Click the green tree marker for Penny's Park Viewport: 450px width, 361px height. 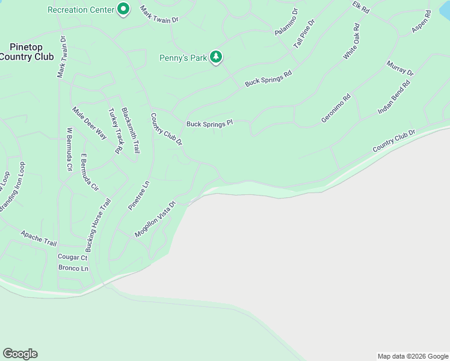click(216, 58)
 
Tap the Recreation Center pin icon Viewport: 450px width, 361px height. click(123, 9)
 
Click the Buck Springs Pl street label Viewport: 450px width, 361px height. click(209, 124)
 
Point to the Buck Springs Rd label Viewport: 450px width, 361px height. click(268, 78)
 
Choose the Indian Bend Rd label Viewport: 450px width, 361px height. click(393, 97)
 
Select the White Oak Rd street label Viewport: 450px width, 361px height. click(351, 42)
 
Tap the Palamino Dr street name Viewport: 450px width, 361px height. click(286, 22)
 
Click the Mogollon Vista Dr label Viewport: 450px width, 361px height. click(155, 219)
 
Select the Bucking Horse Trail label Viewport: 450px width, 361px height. click(98, 225)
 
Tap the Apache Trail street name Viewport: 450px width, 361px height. click(39, 238)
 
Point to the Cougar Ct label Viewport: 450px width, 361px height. click(72, 257)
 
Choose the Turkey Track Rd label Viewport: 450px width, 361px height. click(114, 131)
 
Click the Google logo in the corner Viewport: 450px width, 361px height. click(20, 354)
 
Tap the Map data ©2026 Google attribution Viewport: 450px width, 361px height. click(412, 356)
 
